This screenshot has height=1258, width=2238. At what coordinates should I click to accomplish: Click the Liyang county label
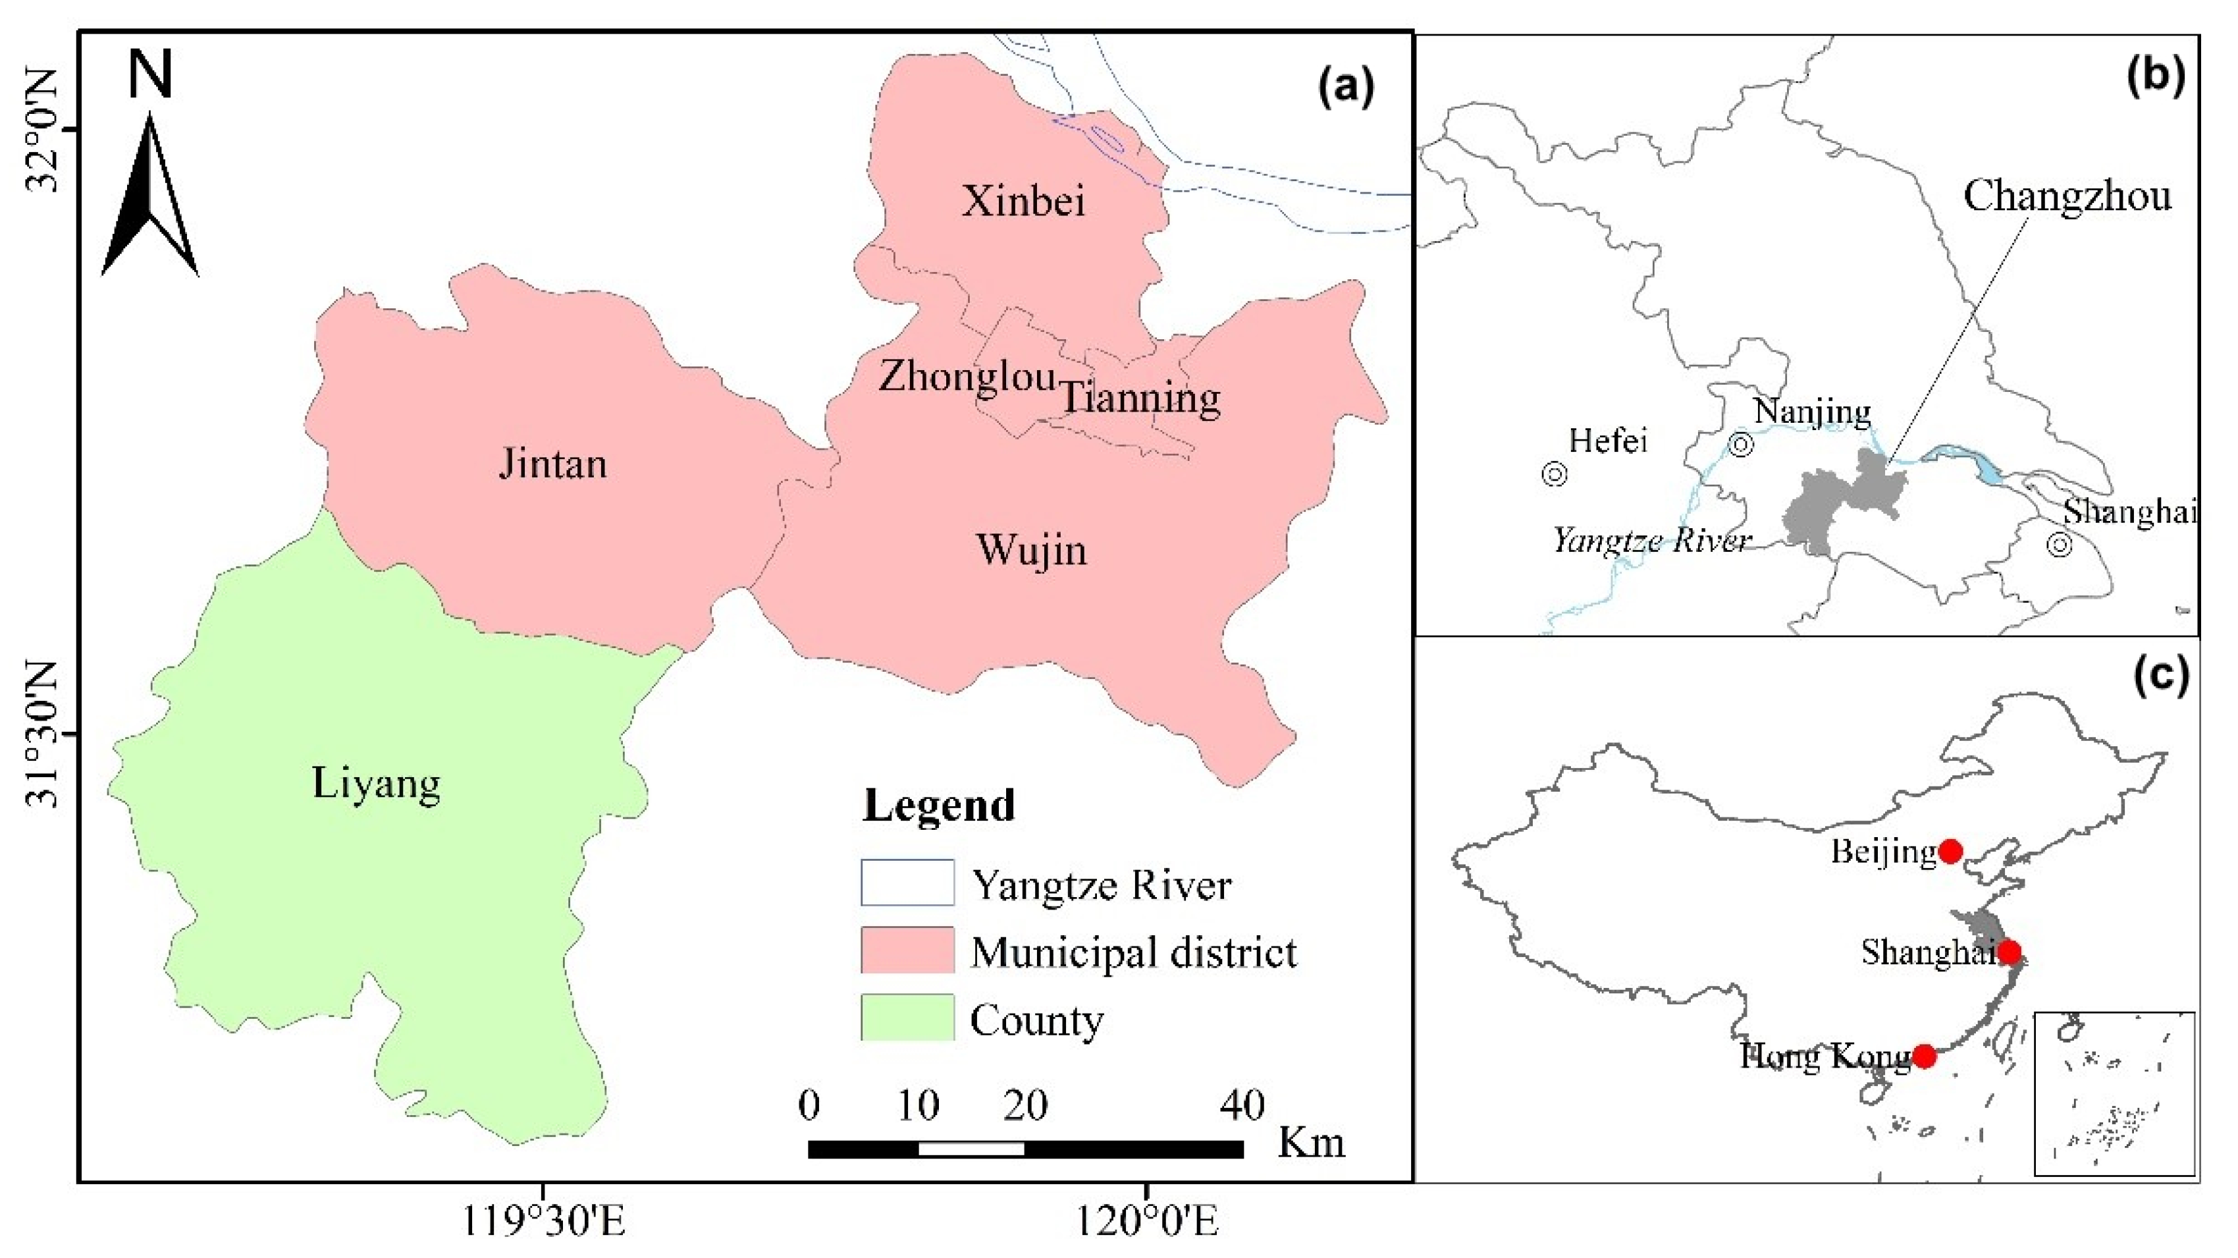[376, 784]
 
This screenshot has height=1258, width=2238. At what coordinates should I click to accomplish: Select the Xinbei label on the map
[1023, 202]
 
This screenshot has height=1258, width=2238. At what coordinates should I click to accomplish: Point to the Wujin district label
[1031, 550]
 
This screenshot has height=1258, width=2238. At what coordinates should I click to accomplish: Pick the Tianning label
[1140, 398]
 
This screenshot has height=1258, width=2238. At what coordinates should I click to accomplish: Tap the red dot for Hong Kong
[1925, 1056]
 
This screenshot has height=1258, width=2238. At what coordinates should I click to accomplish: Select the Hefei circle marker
[1555, 474]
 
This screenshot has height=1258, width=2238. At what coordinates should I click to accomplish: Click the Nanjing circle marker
[1741, 445]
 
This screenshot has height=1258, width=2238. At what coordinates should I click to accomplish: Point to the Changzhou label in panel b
[2067, 196]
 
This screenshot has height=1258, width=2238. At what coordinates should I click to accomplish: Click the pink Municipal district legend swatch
[907, 950]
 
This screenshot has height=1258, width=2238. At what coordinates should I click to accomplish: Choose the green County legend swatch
[907, 1018]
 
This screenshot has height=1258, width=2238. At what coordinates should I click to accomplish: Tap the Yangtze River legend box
[907, 883]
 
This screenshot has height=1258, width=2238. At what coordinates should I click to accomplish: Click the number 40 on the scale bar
[1242, 1105]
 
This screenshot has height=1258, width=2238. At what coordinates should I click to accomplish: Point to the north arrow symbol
[150, 196]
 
